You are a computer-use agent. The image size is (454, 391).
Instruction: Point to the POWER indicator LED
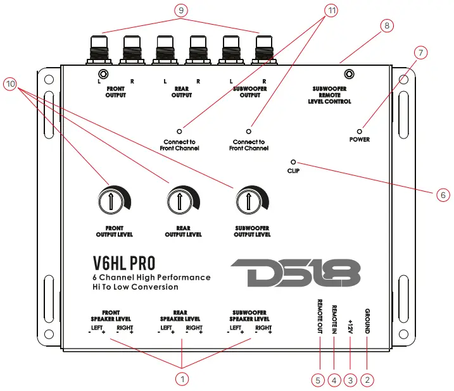pos(359,128)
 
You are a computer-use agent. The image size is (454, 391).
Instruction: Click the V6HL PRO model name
pos(124,262)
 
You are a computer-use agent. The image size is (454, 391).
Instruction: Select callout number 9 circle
pos(181,10)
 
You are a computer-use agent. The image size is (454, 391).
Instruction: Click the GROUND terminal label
pos(367,321)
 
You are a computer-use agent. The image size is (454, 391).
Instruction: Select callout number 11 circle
pos(330,10)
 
